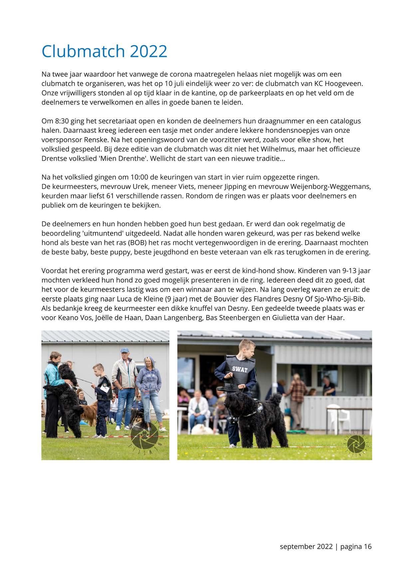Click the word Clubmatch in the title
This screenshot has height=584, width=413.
click(x=83, y=51)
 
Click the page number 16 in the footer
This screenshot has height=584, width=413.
click(x=367, y=546)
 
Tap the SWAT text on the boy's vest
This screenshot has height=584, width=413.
click(x=239, y=369)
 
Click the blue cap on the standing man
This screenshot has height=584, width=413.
click(x=124, y=350)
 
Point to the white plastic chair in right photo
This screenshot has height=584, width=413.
click(x=337, y=415)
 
